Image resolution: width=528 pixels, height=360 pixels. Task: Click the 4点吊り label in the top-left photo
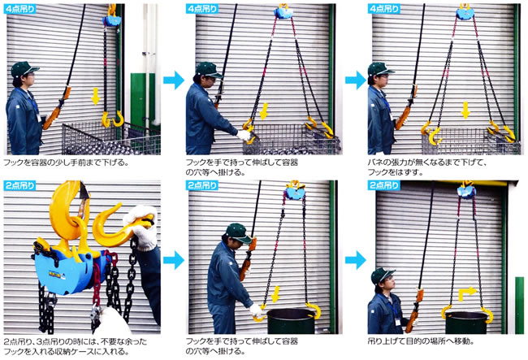[19, 9]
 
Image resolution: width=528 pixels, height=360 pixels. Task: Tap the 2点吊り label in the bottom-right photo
[383, 185]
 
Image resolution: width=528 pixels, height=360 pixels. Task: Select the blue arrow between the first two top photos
[174, 80]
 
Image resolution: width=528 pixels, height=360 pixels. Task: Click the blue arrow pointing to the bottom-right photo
[356, 260]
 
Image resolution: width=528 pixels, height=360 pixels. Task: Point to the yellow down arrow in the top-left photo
[96, 96]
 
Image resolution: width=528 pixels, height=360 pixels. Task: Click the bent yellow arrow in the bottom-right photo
[467, 293]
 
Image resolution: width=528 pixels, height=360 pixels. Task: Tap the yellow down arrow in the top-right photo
[465, 111]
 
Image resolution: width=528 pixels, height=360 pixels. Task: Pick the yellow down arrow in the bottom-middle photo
[275, 294]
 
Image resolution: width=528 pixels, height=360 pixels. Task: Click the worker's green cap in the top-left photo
[24, 69]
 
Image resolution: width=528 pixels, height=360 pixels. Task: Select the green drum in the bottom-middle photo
[291, 321]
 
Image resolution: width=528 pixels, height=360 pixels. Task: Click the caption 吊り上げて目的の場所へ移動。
[421, 341]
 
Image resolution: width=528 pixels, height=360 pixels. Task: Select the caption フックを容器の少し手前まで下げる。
[67, 163]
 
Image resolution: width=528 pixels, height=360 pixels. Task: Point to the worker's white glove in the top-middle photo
[244, 136]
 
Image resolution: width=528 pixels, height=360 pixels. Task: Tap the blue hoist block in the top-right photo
[465, 14]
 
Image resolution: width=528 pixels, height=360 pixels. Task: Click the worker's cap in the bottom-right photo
[383, 275]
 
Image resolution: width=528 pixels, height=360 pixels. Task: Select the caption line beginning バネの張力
[427, 163]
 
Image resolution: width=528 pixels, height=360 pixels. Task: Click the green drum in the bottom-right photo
[466, 323]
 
